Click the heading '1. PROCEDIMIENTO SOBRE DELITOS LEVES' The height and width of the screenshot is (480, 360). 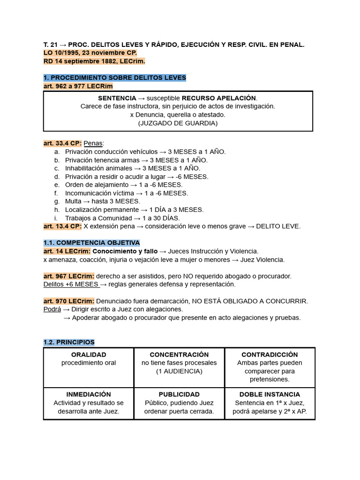(114, 77)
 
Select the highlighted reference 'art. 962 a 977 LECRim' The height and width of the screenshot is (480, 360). (78, 86)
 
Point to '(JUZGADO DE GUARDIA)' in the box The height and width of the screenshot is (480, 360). (178, 123)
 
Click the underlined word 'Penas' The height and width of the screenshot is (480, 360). (94, 143)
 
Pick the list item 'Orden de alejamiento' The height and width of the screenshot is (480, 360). (124, 185)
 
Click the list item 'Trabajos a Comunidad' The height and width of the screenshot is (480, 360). (122, 218)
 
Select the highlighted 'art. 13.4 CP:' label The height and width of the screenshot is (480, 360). (62, 226)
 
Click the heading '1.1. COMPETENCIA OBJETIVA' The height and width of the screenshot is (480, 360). (91, 243)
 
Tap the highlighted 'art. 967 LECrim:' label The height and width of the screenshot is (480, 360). (68, 276)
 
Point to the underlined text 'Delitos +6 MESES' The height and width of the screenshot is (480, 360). (71, 284)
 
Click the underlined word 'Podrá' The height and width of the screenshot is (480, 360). (52, 309)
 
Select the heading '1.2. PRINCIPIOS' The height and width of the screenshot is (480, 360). (68, 342)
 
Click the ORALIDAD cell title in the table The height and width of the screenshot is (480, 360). (89, 355)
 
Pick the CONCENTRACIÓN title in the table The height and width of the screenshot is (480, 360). (179, 355)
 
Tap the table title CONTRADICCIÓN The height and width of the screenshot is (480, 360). (270, 355)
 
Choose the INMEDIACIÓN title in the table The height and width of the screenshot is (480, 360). (89, 395)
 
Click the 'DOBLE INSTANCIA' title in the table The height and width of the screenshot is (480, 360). (270, 395)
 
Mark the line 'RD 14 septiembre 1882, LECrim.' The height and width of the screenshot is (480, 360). (94, 61)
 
